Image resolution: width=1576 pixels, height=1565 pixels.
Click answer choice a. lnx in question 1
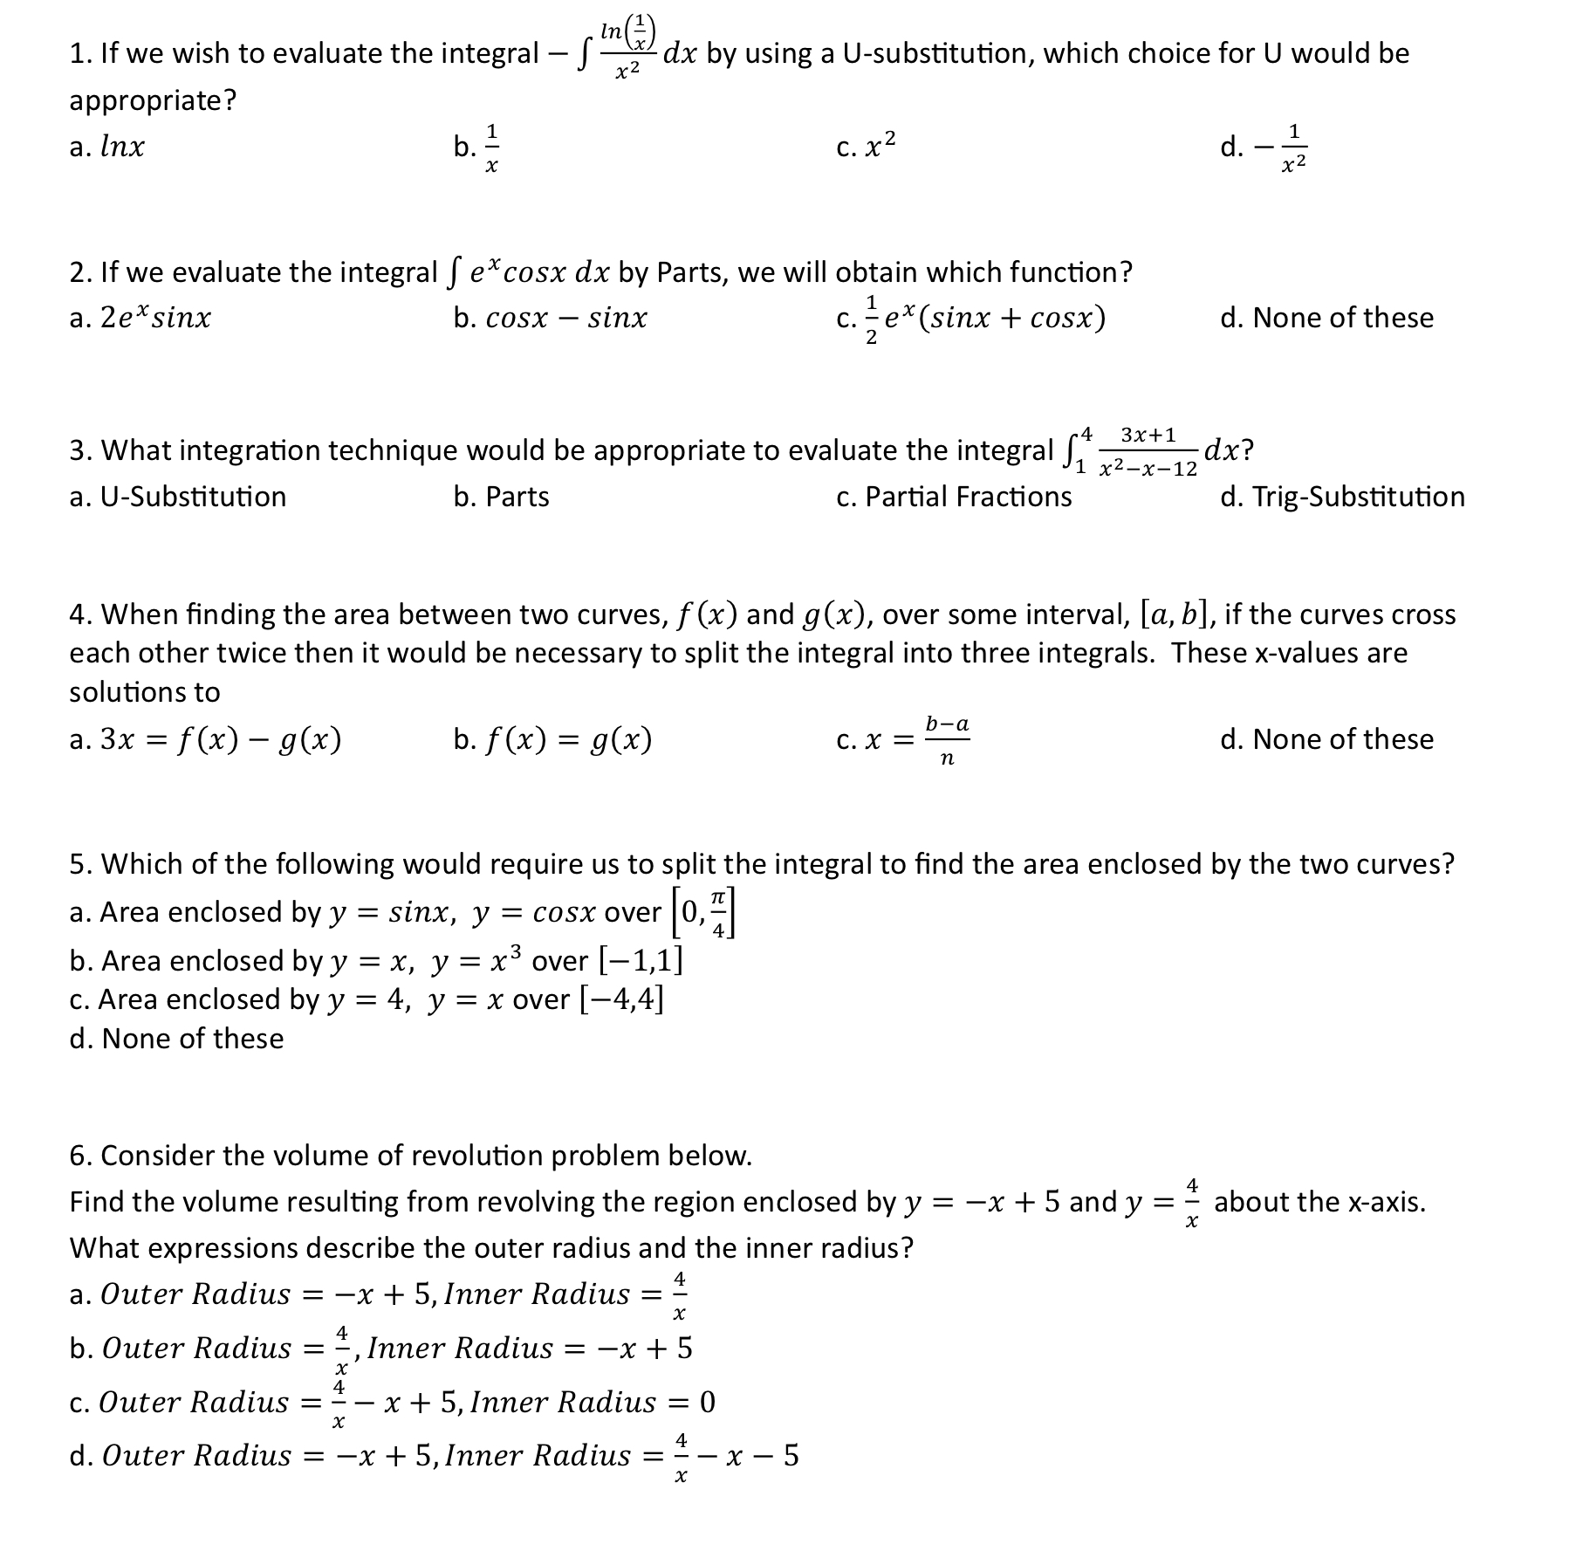[x=107, y=147]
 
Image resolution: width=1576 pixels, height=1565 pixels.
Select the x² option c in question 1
[x=866, y=147]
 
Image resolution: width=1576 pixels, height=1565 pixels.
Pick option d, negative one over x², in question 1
[x=1265, y=147]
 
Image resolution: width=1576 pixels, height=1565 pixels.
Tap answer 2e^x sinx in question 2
[x=140, y=318]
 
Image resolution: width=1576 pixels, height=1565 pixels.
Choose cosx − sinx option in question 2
[x=551, y=318]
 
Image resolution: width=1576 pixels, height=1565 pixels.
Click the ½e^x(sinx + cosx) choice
[x=971, y=318]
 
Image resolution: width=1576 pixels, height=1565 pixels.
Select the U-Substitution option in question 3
[x=178, y=497]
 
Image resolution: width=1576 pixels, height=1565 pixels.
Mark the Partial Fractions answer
[x=954, y=497]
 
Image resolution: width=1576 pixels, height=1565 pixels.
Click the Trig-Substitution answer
[x=1342, y=497]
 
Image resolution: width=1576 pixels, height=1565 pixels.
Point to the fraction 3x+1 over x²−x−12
[x=1148, y=451]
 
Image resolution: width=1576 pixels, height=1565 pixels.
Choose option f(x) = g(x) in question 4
[x=553, y=740]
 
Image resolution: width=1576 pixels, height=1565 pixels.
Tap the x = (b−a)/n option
[x=903, y=740]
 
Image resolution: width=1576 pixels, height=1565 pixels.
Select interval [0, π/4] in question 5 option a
[x=705, y=913]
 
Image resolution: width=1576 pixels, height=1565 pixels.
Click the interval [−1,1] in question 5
[x=641, y=961]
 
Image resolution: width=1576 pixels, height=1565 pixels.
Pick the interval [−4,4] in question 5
[x=621, y=999]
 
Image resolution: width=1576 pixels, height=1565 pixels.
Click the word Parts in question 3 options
[x=517, y=497]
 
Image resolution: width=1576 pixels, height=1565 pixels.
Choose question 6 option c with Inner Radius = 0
[x=393, y=1403]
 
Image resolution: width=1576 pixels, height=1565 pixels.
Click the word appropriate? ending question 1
[x=153, y=101]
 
